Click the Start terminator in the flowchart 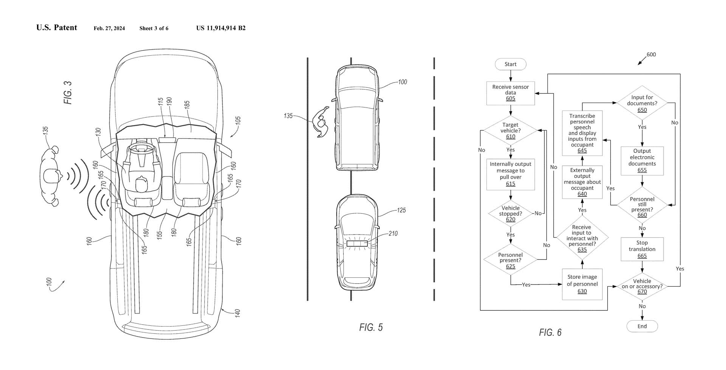(x=510, y=64)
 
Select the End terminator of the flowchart (x=642, y=326)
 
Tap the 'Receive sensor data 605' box (x=510, y=93)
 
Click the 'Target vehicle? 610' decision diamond (x=510, y=131)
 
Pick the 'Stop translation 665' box (x=642, y=249)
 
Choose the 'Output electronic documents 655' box (x=642, y=161)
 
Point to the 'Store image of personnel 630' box (x=582, y=284)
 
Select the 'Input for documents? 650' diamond (x=642, y=103)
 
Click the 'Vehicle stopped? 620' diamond (x=510, y=214)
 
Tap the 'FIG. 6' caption (x=550, y=333)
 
